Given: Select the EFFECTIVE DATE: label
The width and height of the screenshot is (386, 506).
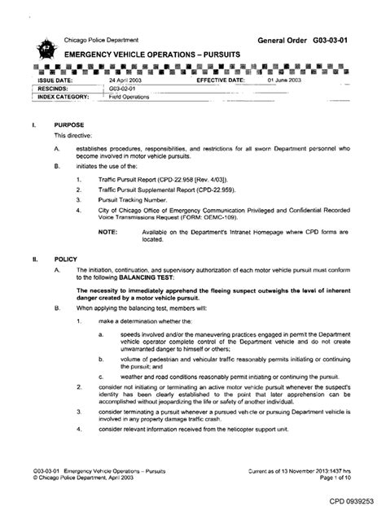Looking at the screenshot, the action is click(221, 81).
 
